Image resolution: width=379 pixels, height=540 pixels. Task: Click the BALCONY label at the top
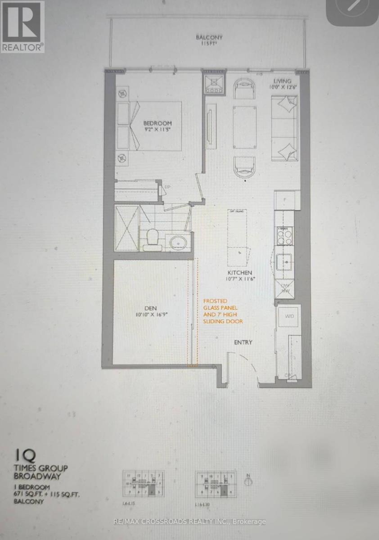point(209,38)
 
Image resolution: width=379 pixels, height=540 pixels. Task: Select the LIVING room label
point(283,81)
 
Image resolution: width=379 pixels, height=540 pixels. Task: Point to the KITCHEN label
point(239,273)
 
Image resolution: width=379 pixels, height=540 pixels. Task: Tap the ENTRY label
point(243,342)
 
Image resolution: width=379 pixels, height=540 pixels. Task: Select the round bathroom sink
point(179,243)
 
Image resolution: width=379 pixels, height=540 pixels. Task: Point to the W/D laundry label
point(289,317)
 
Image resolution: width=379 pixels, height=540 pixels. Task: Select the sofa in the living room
point(284,129)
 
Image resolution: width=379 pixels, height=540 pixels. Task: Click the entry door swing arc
point(245,364)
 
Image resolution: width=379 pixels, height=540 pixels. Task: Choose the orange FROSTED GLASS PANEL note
point(223,311)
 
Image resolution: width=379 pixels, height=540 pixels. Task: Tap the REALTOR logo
point(23,27)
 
